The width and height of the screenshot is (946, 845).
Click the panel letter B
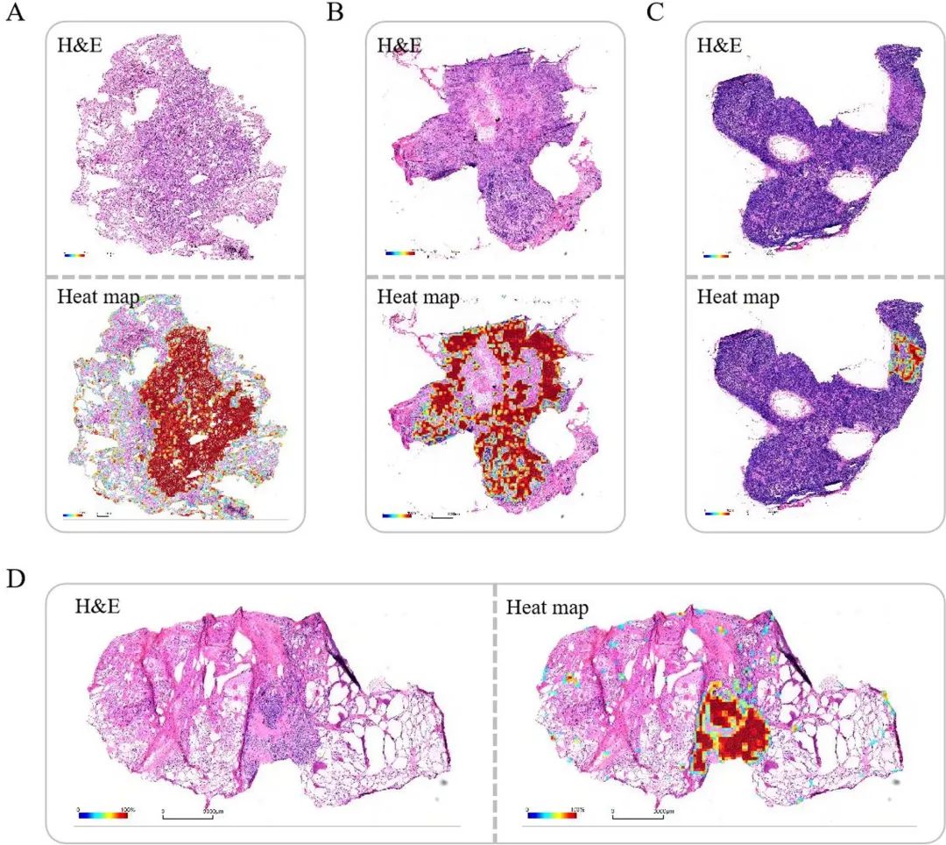point(334,13)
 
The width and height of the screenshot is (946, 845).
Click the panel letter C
point(653,13)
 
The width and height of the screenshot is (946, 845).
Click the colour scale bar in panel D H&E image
point(102,814)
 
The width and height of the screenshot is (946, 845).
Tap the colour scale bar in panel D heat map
point(552,814)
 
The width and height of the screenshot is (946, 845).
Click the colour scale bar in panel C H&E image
point(717,257)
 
